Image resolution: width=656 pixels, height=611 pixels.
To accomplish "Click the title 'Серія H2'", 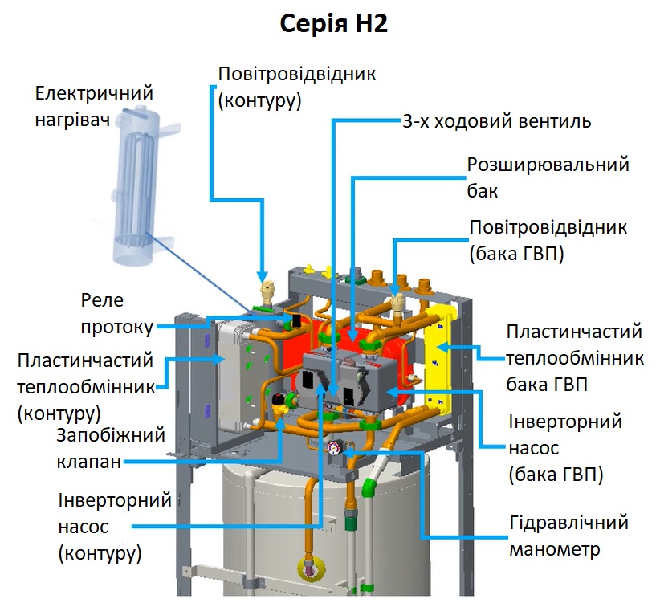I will tap(333, 24).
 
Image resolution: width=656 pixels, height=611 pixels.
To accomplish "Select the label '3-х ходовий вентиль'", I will tap(496, 122).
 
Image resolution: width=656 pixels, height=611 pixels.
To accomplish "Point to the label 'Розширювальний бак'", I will tap(548, 177).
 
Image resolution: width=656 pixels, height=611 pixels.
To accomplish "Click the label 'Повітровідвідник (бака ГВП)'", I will tap(548, 241).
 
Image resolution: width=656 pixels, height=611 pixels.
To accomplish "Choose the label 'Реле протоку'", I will tap(116, 314).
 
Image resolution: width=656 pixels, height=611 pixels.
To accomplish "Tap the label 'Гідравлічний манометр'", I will tap(568, 536).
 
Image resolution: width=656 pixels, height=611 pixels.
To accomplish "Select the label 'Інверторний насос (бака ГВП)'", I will tap(556, 448).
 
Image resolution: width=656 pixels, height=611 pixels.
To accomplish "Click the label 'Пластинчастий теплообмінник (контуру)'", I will tap(85, 387).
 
